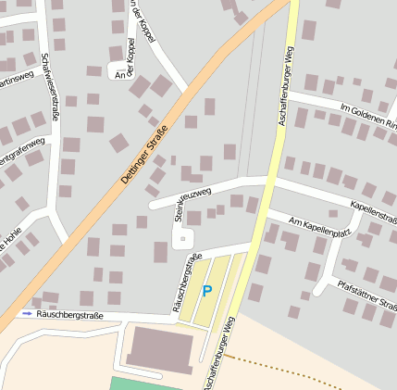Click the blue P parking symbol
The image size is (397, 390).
[x=206, y=291]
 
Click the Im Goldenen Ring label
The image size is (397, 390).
[x=367, y=117]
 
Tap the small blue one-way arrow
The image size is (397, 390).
[x=27, y=314]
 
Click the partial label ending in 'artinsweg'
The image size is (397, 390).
[x=16, y=81]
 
